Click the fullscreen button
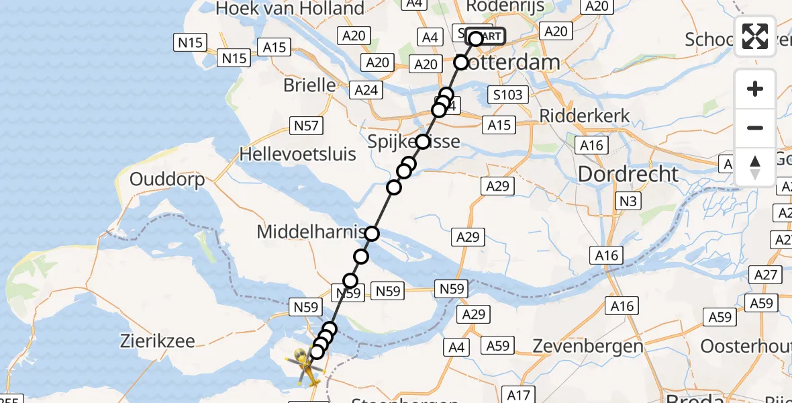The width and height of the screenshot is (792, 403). click(x=755, y=36)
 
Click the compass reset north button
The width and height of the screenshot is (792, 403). click(x=755, y=167)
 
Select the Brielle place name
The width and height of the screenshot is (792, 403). click(x=310, y=85)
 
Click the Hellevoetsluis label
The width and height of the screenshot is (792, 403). click(x=298, y=154)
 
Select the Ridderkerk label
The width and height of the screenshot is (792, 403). click(x=585, y=115)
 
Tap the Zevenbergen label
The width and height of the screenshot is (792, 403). click(x=588, y=347)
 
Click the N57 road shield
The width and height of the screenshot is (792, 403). click(x=306, y=125)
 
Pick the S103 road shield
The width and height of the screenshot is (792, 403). click(x=507, y=95)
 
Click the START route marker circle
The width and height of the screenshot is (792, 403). click(x=476, y=38)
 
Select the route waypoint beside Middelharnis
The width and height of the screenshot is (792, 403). click(x=372, y=234)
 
